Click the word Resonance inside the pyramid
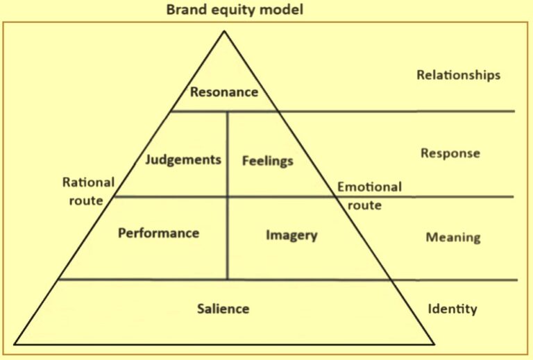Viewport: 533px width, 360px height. click(224, 92)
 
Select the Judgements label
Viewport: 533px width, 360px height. click(183, 160)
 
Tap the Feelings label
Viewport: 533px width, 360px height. click(267, 161)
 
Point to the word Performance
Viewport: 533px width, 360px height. click(158, 233)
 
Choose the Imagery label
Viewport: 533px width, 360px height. click(291, 235)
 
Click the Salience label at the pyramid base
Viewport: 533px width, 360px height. click(223, 309)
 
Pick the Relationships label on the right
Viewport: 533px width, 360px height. click(459, 75)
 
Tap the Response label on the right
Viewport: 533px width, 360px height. click(450, 153)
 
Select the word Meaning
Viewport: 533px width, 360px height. click(453, 237)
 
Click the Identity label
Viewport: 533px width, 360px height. click(452, 309)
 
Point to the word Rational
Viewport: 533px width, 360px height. click(88, 182)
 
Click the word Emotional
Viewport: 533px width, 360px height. click(369, 187)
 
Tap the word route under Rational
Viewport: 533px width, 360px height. click(86, 200)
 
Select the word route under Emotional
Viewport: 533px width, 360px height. click(365, 205)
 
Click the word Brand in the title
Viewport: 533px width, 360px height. click(186, 10)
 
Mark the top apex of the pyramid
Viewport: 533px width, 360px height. click(224, 31)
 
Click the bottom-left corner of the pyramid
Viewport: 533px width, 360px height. click(15, 344)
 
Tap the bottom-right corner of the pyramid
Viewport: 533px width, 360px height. click(434, 344)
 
